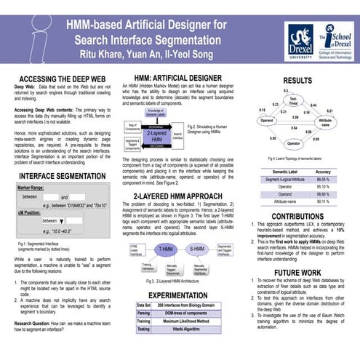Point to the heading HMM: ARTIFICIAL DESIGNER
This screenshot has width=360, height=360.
coord(172,78)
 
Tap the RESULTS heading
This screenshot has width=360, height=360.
coord(297,81)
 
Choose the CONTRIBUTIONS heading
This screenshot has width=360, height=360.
coord(297,216)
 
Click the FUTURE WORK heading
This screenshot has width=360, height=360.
coord(297,273)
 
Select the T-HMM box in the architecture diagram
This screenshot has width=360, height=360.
coord(166,249)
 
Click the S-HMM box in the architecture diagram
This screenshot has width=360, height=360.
coord(197,249)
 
